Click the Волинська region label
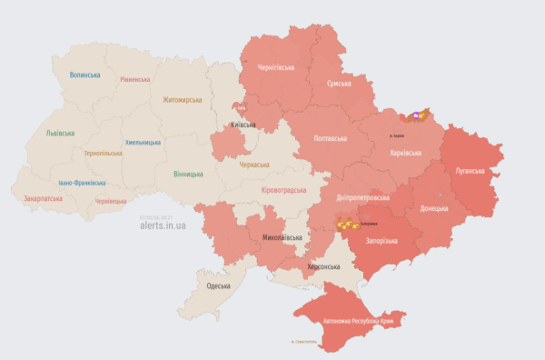click(84, 75)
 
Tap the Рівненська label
click(134, 80)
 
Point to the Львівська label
click(61, 133)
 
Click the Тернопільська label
click(104, 154)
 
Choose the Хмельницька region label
click(143, 143)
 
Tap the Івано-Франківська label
click(84, 182)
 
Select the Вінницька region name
click(188, 174)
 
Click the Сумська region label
click(339, 84)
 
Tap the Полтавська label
click(330, 138)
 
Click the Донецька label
click(433, 208)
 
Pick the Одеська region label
click(218, 286)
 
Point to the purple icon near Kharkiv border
click(416, 115)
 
